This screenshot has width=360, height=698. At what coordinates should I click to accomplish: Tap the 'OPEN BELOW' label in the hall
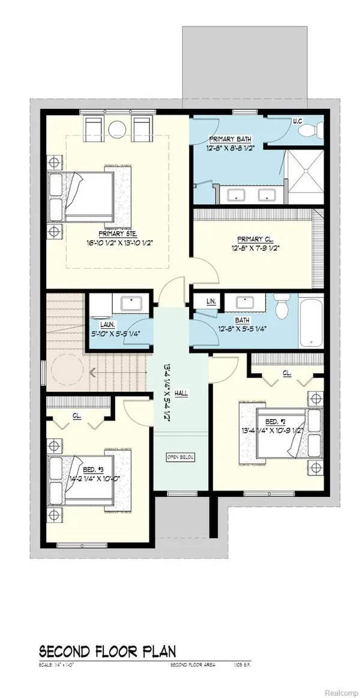(179, 457)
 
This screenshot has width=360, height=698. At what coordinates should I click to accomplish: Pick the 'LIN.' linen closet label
(211, 301)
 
